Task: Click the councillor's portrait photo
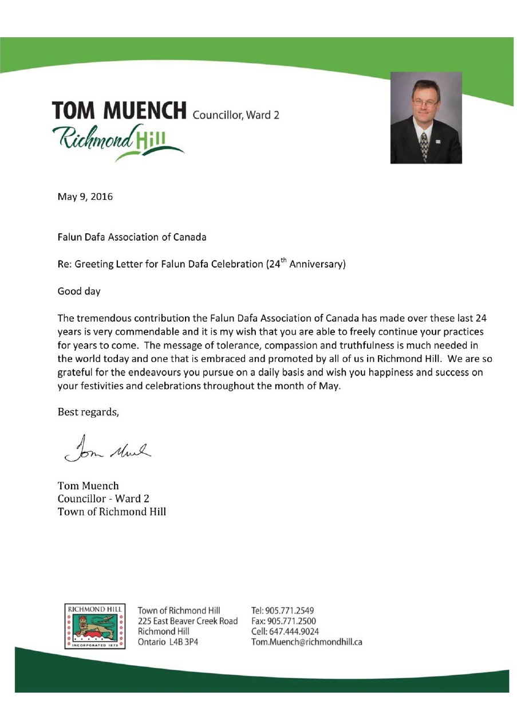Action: pos(426,117)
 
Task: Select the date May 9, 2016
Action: pos(85,197)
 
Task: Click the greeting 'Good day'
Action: pos(79,291)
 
